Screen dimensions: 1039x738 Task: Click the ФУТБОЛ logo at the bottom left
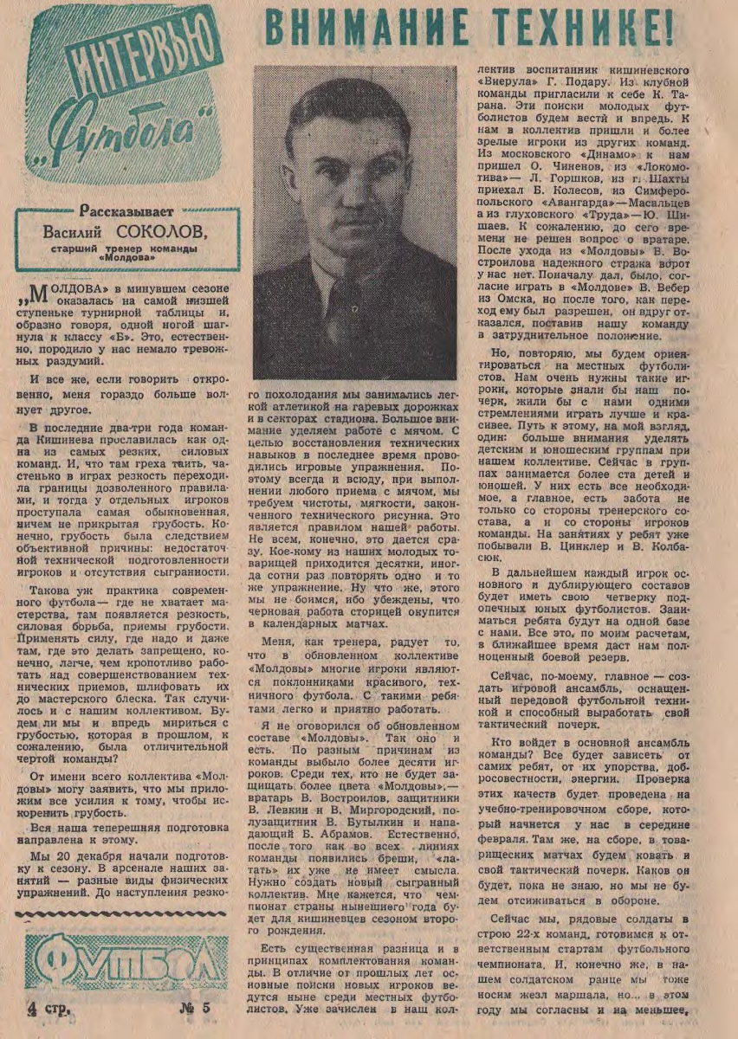121,963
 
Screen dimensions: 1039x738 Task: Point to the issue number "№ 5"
196,1008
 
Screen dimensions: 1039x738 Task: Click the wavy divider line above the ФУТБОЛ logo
126,915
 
